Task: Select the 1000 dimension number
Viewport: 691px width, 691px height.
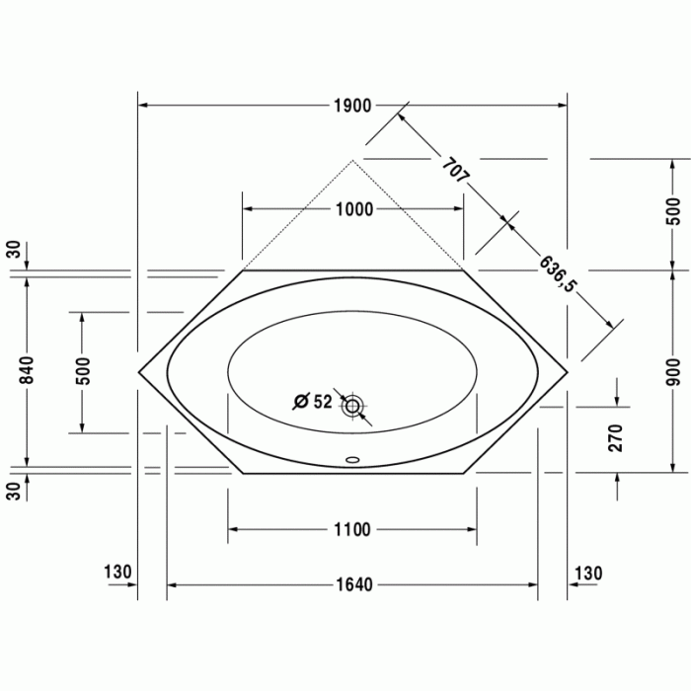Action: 353,209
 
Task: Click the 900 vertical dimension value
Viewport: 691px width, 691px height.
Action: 673,369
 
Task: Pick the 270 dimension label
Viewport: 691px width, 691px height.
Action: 617,438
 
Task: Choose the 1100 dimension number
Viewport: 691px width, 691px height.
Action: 352,530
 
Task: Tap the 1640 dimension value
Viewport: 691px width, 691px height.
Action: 352,585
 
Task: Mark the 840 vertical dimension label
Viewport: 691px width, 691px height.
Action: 27,369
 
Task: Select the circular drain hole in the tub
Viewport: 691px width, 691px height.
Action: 352,405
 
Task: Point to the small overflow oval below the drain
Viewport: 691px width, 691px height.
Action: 352,458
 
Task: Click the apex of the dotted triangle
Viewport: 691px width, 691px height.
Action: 353,158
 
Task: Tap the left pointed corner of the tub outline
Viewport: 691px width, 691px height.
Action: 139,373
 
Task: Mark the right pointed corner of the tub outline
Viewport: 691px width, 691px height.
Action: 568,373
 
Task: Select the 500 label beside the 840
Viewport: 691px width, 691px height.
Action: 84,369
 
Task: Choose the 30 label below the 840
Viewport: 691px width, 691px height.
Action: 13,491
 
